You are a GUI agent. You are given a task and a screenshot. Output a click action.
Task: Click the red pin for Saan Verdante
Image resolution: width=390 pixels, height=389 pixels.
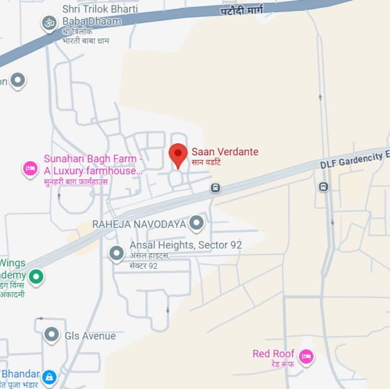(178, 154)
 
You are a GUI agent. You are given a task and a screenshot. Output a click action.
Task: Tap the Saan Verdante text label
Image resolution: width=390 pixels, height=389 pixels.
(225, 152)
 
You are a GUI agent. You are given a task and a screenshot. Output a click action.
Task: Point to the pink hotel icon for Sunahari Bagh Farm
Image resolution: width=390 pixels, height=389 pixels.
(31, 168)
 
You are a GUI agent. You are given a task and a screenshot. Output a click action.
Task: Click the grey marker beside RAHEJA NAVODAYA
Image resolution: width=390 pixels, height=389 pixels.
(196, 223)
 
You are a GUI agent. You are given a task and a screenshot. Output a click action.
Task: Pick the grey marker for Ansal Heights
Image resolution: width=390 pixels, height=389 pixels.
(116, 252)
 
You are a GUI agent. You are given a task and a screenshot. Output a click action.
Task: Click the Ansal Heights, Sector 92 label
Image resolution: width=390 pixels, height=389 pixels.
(186, 245)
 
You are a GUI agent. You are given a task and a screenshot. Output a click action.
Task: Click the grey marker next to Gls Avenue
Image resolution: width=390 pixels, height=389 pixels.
(51, 334)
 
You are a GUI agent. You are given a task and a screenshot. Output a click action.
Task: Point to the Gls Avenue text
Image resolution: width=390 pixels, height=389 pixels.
(90, 336)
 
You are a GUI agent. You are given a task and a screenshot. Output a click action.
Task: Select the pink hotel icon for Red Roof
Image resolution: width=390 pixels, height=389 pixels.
(305, 356)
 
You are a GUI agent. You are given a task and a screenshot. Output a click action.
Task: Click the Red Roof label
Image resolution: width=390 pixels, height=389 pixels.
(273, 354)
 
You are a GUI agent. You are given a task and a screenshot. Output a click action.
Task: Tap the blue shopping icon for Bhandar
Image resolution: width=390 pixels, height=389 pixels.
(48, 377)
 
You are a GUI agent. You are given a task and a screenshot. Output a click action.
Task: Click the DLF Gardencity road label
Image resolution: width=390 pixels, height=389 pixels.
(354, 159)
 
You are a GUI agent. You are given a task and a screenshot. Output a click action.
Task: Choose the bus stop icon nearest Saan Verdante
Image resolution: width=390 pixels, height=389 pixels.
(215, 188)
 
